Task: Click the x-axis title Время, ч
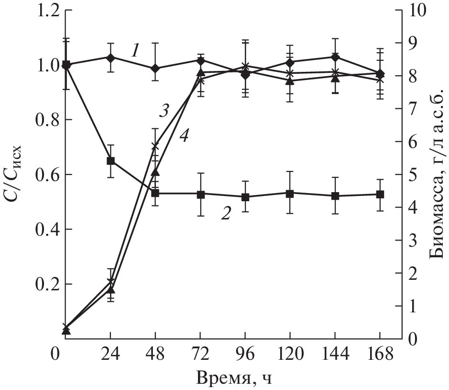pyautogui.click(x=234, y=379)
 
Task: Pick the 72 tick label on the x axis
pyautogui.click(x=200, y=356)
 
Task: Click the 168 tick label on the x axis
pyautogui.click(x=380, y=356)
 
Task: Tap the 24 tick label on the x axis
pyautogui.click(x=110, y=356)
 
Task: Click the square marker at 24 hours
pyautogui.click(x=110, y=161)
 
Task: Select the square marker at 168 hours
pyautogui.click(x=380, y=195)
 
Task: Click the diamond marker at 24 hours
pyautogui.click(x=110, y=57)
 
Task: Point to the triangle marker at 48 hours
pyautogui.click(x=155, y=172)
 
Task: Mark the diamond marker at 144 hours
pyautogui.click(x=335, y=57)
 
